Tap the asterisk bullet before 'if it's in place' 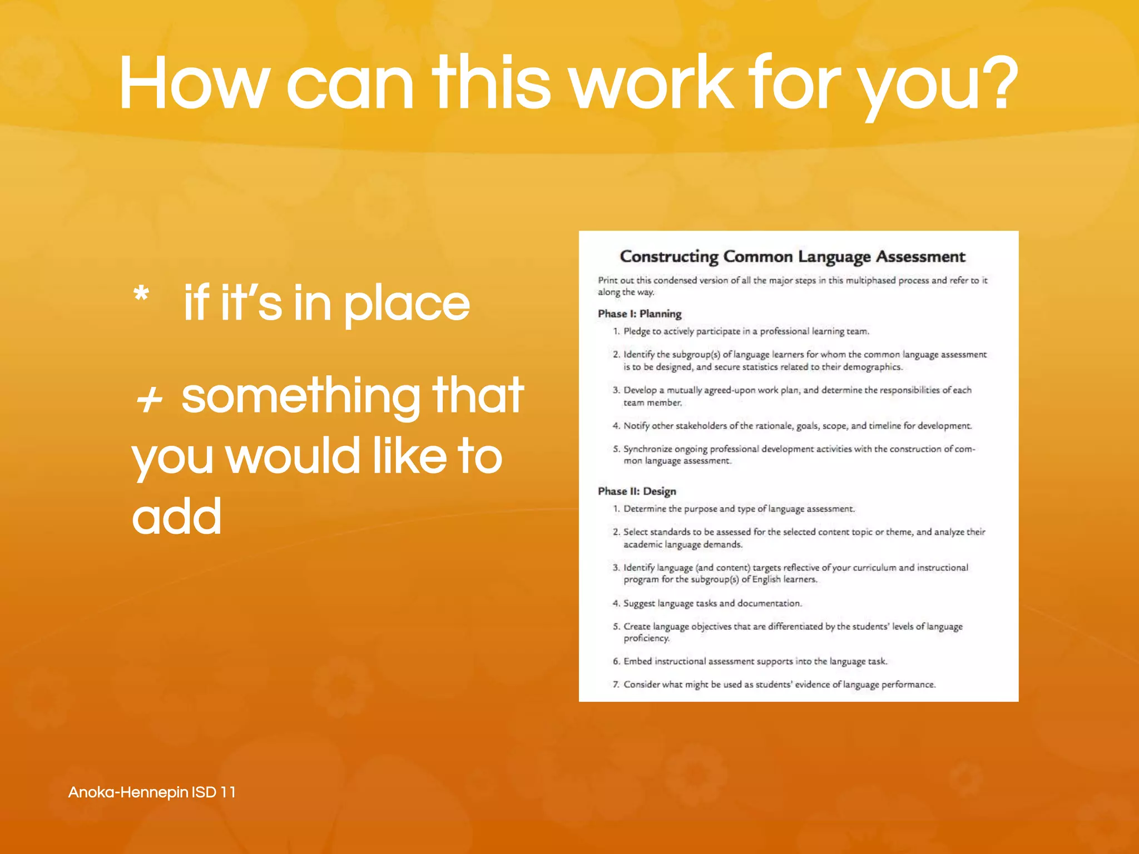click(x=141, y=294)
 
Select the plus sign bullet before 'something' click(x=149, y=399)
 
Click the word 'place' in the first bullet click(x=407, y=305)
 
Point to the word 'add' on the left click(x=177, y=516)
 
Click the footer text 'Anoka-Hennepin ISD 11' click(x=152, y=792)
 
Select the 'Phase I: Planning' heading click(x=640, y=314)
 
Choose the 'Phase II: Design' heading click(x=637, y=491)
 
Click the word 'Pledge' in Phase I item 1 click(x=636, y=331)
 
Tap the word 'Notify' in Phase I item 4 click(x=636, y=426)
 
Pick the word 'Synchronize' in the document click(x=647, y=449)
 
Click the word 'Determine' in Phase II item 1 click(x=644, y=509)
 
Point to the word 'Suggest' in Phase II click(x=639, y=603)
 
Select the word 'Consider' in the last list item click(x=641, y=684)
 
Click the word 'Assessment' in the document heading click(x=920, y=257)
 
